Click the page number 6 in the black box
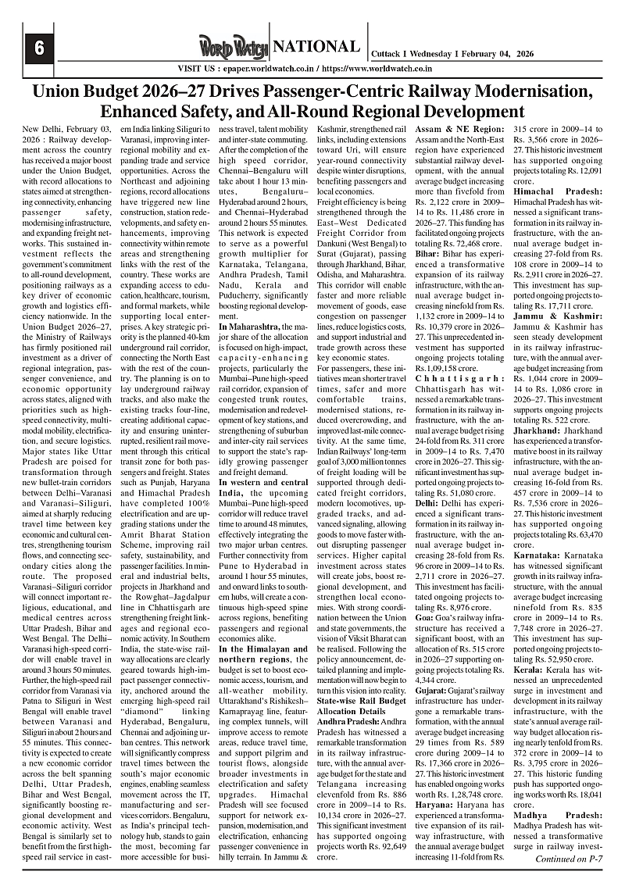click(37, 48)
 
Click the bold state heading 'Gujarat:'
click(432, 691)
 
